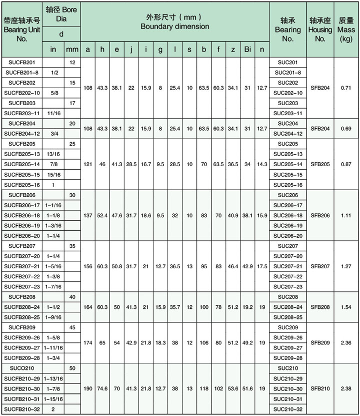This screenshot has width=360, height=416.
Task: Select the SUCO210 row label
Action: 21,368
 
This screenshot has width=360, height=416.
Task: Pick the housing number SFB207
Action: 320,266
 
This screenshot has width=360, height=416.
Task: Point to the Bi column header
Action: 247,50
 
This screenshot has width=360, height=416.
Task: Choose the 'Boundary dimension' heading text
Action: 174,26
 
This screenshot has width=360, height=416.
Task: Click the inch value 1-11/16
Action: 53,348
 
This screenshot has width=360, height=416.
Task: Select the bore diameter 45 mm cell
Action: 72,327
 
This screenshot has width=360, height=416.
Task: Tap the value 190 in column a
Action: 88,388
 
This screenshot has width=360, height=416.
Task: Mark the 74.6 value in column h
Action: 102,388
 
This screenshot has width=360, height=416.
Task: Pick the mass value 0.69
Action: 346,128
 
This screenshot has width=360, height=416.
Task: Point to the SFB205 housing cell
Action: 320,164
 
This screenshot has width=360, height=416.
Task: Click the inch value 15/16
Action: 53,174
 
